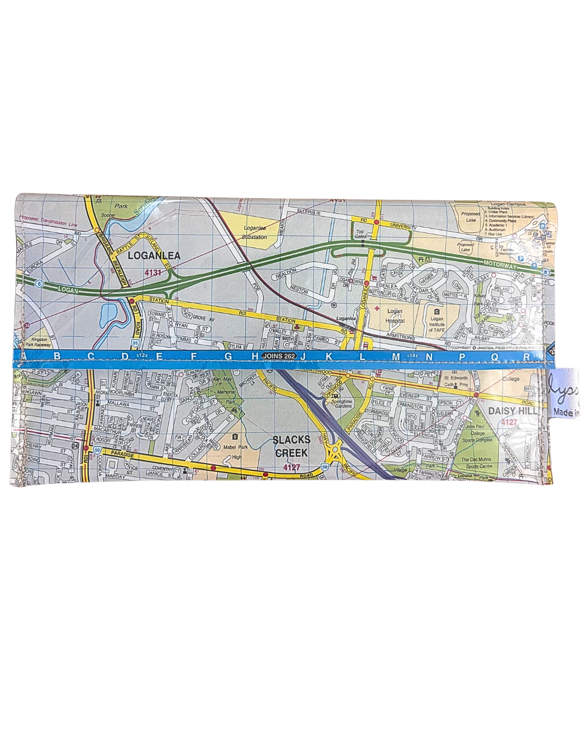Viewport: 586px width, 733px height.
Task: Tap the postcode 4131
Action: click(x=153, y=273)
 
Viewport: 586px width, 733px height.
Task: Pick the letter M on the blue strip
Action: click(x=396, y=356)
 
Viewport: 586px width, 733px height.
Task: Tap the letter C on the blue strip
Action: click(x=91, y=356)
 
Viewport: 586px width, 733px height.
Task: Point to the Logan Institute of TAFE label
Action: click(x=436, y=324)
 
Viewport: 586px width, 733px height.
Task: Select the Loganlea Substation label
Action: click(x=254, y=233)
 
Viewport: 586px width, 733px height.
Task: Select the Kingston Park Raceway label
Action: click(x=39, y=343)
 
